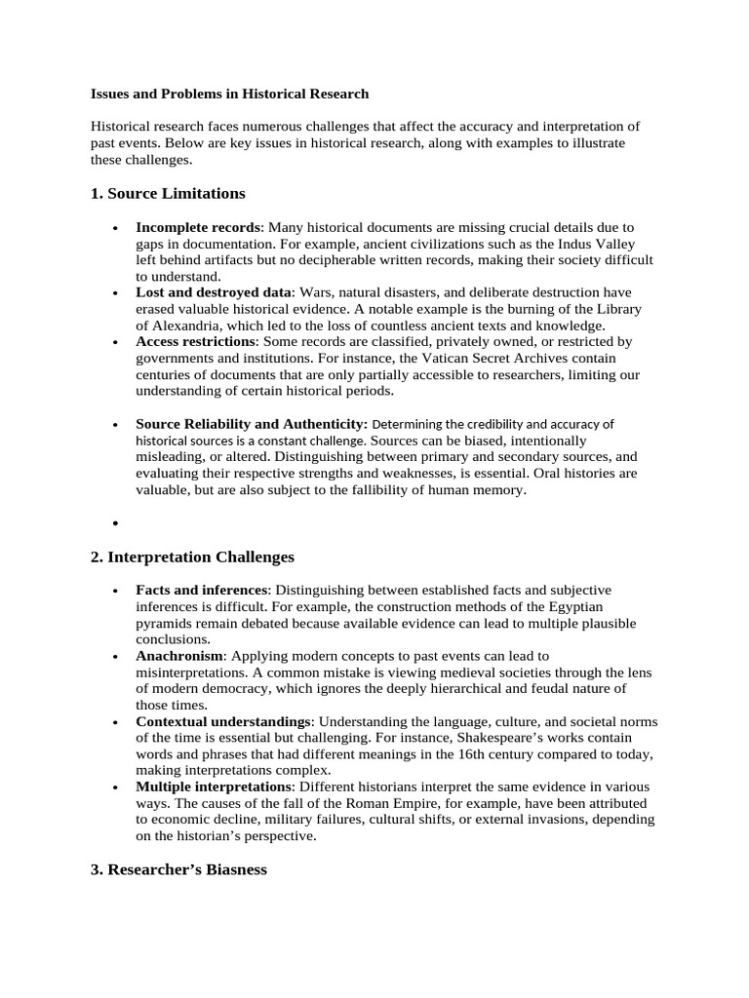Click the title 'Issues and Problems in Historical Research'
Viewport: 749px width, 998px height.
click(229, 95)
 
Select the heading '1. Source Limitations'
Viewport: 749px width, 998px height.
click(168, 193)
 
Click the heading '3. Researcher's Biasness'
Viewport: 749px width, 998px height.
click(178, 868)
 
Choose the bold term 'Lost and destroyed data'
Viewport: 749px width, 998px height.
click(214, 292)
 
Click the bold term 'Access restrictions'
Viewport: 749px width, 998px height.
click(195, 342)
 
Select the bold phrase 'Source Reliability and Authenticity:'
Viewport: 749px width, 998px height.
click(252, 424)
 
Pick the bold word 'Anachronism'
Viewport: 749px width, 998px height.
click(179, 656)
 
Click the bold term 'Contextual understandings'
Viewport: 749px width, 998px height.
click(223, 722)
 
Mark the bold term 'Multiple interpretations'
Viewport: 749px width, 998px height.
click(214, 787)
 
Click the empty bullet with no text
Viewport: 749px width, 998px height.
click(116, 524)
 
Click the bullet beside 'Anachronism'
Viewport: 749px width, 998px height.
click(116, 657)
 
